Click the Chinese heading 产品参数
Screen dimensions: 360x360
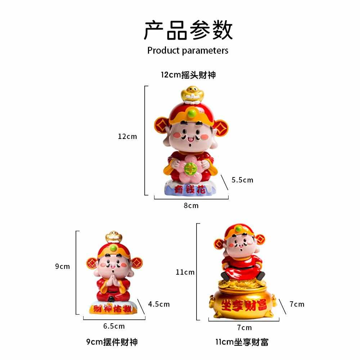coord(188,30)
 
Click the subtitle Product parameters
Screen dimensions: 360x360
coord(188,50)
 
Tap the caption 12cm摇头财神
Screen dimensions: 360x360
coord(188,75)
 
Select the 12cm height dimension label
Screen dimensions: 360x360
coord(127,136)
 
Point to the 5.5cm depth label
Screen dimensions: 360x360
coord(242,180)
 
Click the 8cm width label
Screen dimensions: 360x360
coord(191,206)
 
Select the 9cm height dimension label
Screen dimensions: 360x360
coord(63,266)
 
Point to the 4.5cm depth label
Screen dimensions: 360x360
coord(159,304)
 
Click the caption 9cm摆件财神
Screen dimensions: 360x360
coord(112,342)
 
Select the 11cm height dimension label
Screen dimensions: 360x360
coord(185,272)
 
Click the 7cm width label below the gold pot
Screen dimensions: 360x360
coord(244,327)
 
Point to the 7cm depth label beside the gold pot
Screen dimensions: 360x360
coord(297,304)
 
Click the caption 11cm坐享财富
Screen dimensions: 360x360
coord(242,342)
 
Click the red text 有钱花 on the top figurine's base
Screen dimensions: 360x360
coord(190,189)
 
